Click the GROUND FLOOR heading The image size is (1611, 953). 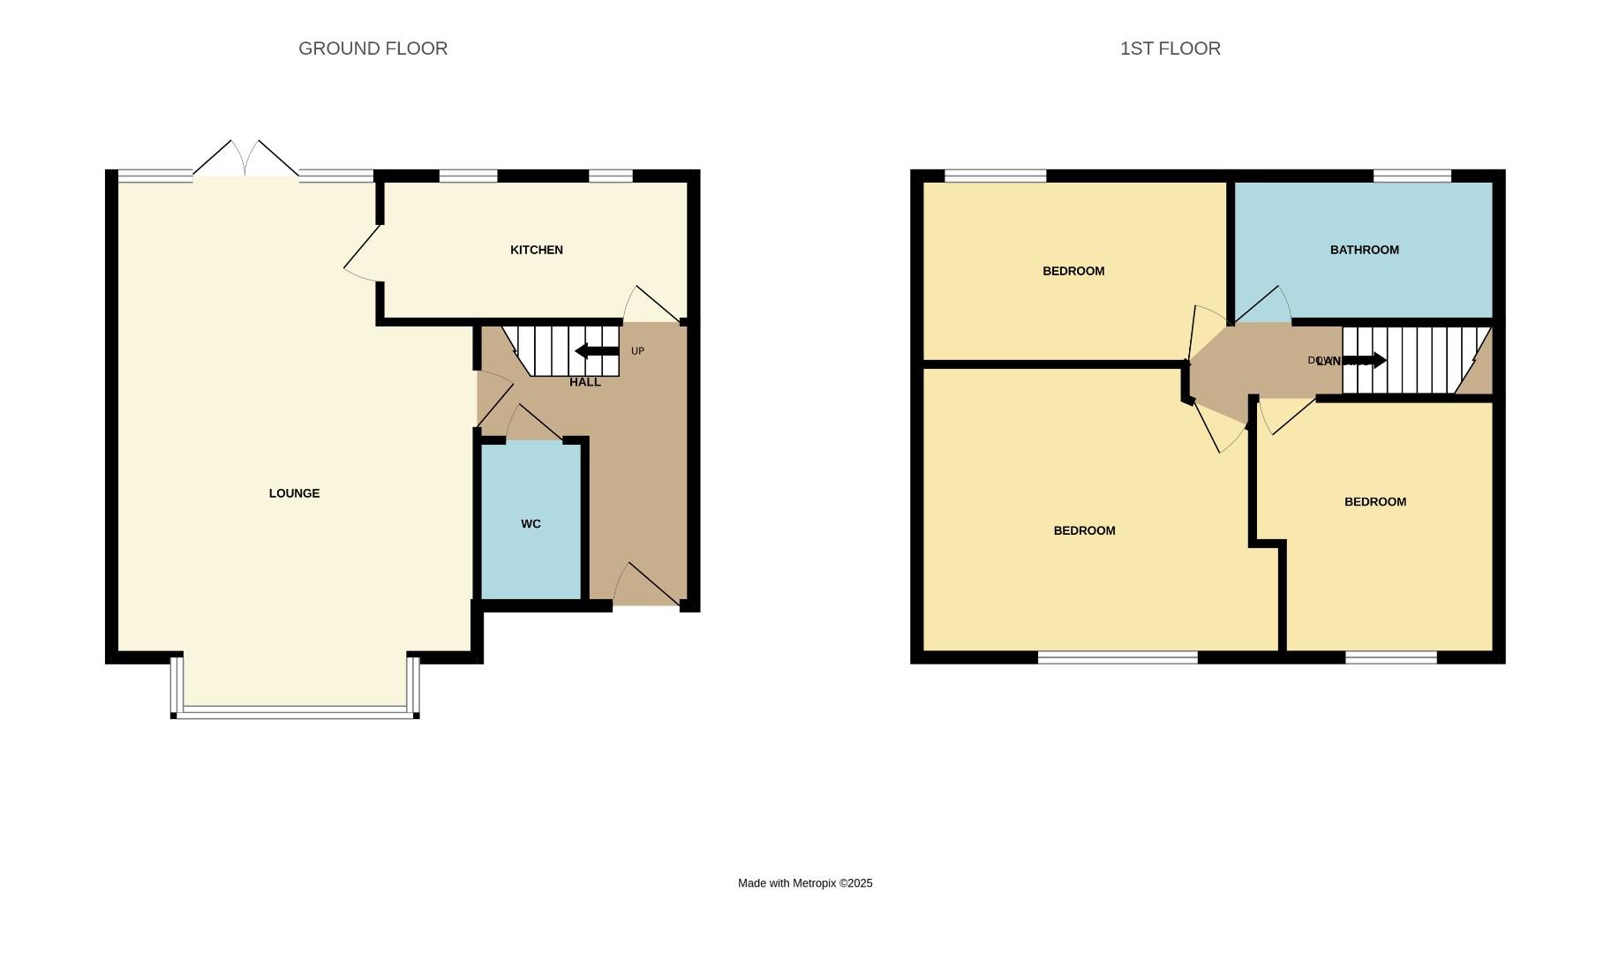pyautogui.click(x=373, y=49)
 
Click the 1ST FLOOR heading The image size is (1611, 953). pyautogui.click(x=1170, y=49)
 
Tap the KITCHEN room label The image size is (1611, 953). pyautogui.click(x=536, y=250)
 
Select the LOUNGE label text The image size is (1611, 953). pyautogui.click(x=294, y=493)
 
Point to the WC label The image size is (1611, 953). pyautogui.click(x=531, y=523)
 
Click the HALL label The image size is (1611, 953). pyautogui.click(x=584, y=382)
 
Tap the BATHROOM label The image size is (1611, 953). pyautogui.click(x=1364, y=250)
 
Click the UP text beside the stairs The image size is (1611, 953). pyautogui.click(x=637, y=351)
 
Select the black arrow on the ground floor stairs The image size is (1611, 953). pyautogui.click(x=597, y=351)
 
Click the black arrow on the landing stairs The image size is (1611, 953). pyautogui.click(x=1365, y=360)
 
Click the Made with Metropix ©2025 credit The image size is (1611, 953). pyautogui.click(x=805, y=882)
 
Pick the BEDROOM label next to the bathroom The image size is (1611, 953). pyautogui.click(x=1073, y=271)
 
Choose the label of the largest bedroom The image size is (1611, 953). pyautogui.click(x=1084, y=530)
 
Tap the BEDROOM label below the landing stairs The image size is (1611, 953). pyautogui.click(x=1374, y=501)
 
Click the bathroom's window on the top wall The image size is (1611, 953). pyautogui.click(x=1412, y=176)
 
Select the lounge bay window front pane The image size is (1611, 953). pyautogui.click(x=295, y=711)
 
